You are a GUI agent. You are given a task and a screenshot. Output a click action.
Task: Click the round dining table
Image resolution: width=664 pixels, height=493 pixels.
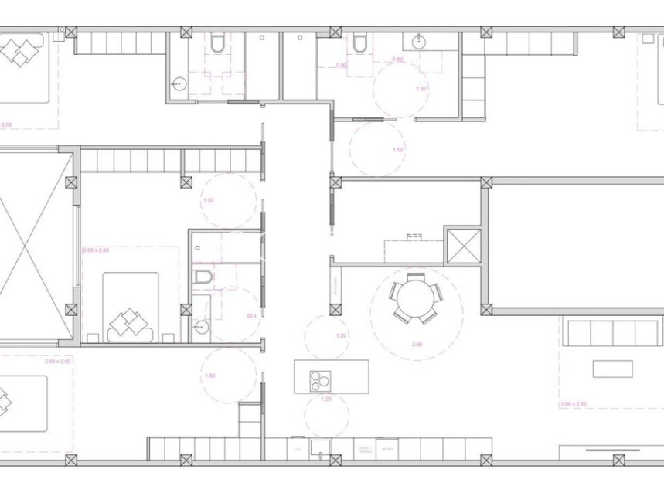(x=416, y=297)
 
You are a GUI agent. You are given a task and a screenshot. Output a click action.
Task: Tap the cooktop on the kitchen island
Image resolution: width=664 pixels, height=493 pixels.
(x=320, y=378)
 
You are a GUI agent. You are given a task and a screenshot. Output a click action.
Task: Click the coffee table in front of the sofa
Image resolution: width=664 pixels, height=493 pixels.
(x=612, y=369)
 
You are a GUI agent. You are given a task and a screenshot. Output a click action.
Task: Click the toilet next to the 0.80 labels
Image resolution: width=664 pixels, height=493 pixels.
(x=360, y=44)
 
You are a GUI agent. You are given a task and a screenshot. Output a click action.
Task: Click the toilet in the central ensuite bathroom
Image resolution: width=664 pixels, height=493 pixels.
(x=203, y=277)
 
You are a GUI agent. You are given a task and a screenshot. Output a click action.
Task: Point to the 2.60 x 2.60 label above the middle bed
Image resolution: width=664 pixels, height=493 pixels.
(x=95, y=250)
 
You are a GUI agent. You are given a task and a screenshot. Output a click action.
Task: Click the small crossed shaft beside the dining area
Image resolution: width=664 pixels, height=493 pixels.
(x=463, y=246)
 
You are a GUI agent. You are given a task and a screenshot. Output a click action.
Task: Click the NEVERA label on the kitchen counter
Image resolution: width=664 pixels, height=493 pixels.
(x=389, y=449)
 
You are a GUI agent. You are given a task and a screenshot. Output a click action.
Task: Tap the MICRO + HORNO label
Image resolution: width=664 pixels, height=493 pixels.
(x=365, y=449)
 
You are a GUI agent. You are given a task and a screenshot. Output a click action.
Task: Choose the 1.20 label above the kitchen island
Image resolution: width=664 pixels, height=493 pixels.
(x=342, y=335)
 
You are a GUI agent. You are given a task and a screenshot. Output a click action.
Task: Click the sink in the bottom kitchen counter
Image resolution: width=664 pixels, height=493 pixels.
(x=319, y=449)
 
